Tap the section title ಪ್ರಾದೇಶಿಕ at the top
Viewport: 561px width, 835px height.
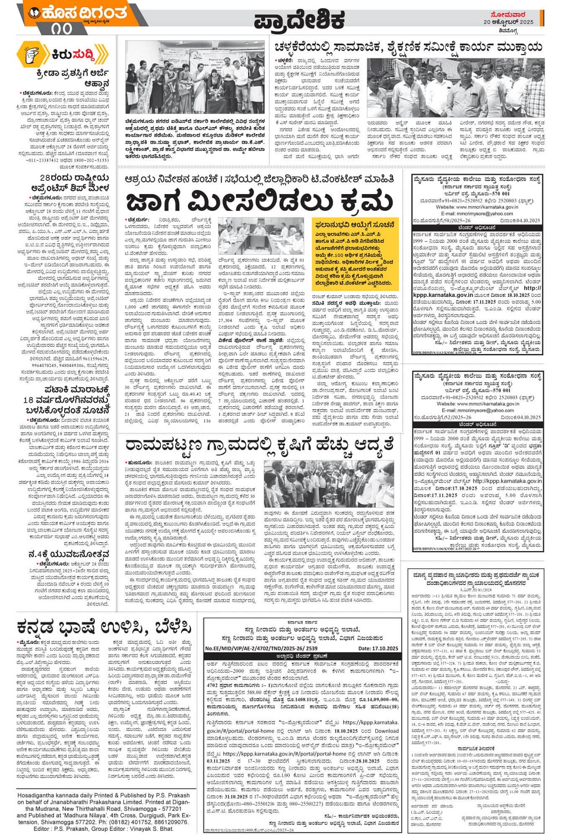299,20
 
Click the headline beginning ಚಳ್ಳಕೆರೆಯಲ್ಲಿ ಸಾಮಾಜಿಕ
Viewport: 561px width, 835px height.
408,47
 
